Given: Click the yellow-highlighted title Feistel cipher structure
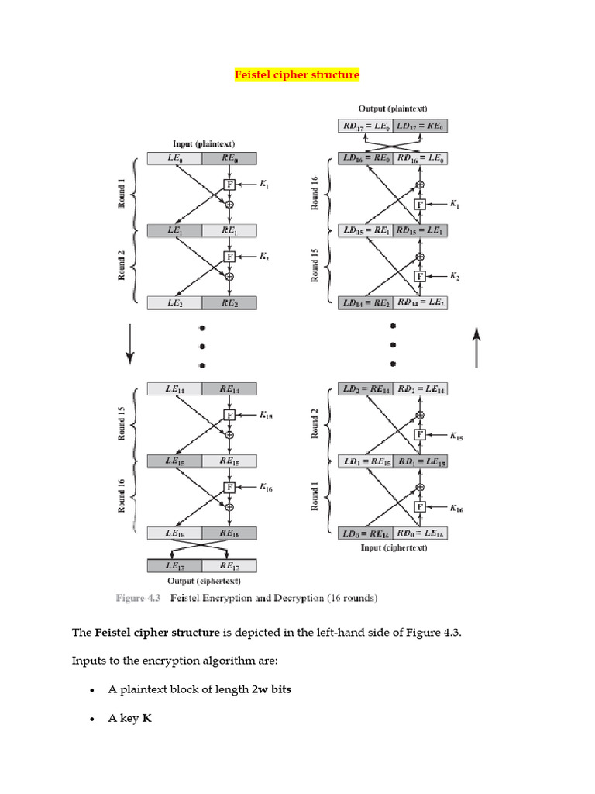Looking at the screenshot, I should [x=297, y=75].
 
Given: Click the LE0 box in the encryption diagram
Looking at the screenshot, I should [x=174, y=159].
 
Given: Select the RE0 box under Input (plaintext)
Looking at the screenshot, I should [x=229, y=159].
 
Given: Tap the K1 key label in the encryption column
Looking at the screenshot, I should [x=264, y=184].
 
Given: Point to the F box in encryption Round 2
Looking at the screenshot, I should [x=229, y=256].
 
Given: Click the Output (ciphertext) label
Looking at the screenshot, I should [x=204, y=581].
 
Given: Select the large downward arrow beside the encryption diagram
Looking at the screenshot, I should [x=130, y=344].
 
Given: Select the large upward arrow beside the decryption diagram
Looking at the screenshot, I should [x=477, y=344].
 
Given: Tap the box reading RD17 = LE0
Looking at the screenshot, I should [x=366, y=125].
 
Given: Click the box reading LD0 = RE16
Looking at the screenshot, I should [x=366, y=533].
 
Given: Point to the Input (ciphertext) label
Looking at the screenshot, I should [x=394, y=547].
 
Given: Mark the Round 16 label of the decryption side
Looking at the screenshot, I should [x=315, y=194].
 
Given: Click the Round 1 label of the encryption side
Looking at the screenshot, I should [x=122, y=194].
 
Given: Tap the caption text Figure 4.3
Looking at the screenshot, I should [x=139, y=598].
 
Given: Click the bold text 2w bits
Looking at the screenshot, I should [x=271, y=689].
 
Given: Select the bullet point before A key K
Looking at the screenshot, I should [x=92, y=720].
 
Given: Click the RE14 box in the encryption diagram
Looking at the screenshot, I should [x=229, y=389].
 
